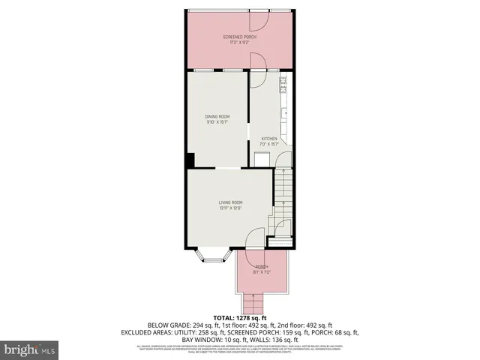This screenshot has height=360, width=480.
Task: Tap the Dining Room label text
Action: point(217,116)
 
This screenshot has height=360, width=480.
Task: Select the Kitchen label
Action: point(268,139)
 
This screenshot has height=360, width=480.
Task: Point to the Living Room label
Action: point(230,202)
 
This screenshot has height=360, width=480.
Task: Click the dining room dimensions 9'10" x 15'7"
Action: point(217,123)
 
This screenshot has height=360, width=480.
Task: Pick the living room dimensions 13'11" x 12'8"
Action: point(230,209)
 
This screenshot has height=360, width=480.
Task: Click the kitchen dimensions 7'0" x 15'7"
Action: point(269,145)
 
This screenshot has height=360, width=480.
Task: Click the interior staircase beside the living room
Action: point(283,191)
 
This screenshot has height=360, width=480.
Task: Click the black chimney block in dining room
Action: point(190,160)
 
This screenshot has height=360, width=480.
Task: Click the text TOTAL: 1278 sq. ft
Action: point(240,318)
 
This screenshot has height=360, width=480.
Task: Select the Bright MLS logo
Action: point(30,349)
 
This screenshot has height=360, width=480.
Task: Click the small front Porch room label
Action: point(261,267)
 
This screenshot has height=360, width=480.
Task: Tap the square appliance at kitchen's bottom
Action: point(261,158)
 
